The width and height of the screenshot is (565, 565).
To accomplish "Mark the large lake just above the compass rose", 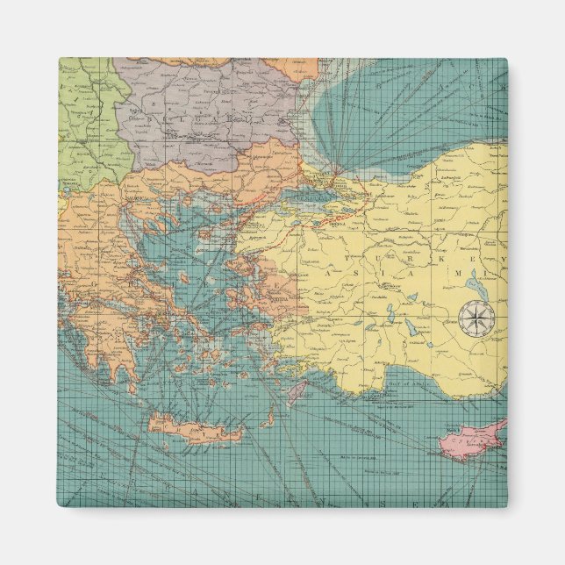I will [x=475, y=282].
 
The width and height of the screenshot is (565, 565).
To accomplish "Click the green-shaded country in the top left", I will [x=83, y=114].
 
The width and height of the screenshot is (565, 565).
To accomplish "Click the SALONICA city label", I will [x=140, y=199].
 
